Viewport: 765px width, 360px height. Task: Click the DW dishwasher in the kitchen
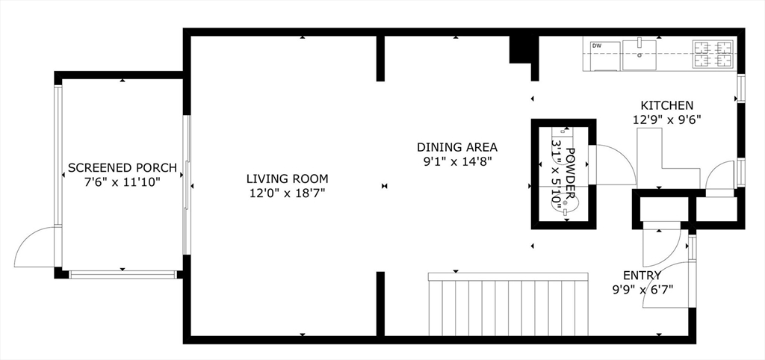tap(602, 54)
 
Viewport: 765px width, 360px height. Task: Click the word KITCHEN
tap(666, 105)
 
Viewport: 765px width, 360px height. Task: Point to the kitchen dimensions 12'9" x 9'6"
tap(666, 119)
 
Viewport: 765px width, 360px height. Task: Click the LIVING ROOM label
tap(287, 179)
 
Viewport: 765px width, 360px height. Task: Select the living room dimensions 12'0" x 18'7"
tap(287, 193)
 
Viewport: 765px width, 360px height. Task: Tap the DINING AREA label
tap(456, 147)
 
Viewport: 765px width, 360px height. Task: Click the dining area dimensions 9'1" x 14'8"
tap(456, 161)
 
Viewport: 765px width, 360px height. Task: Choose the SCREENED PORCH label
tap(122, 167)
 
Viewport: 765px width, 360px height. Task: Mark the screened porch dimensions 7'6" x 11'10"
tap(122, 181)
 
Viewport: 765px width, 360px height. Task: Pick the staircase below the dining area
tap(508, 306)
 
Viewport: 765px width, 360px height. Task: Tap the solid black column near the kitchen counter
tap(520, 51)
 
